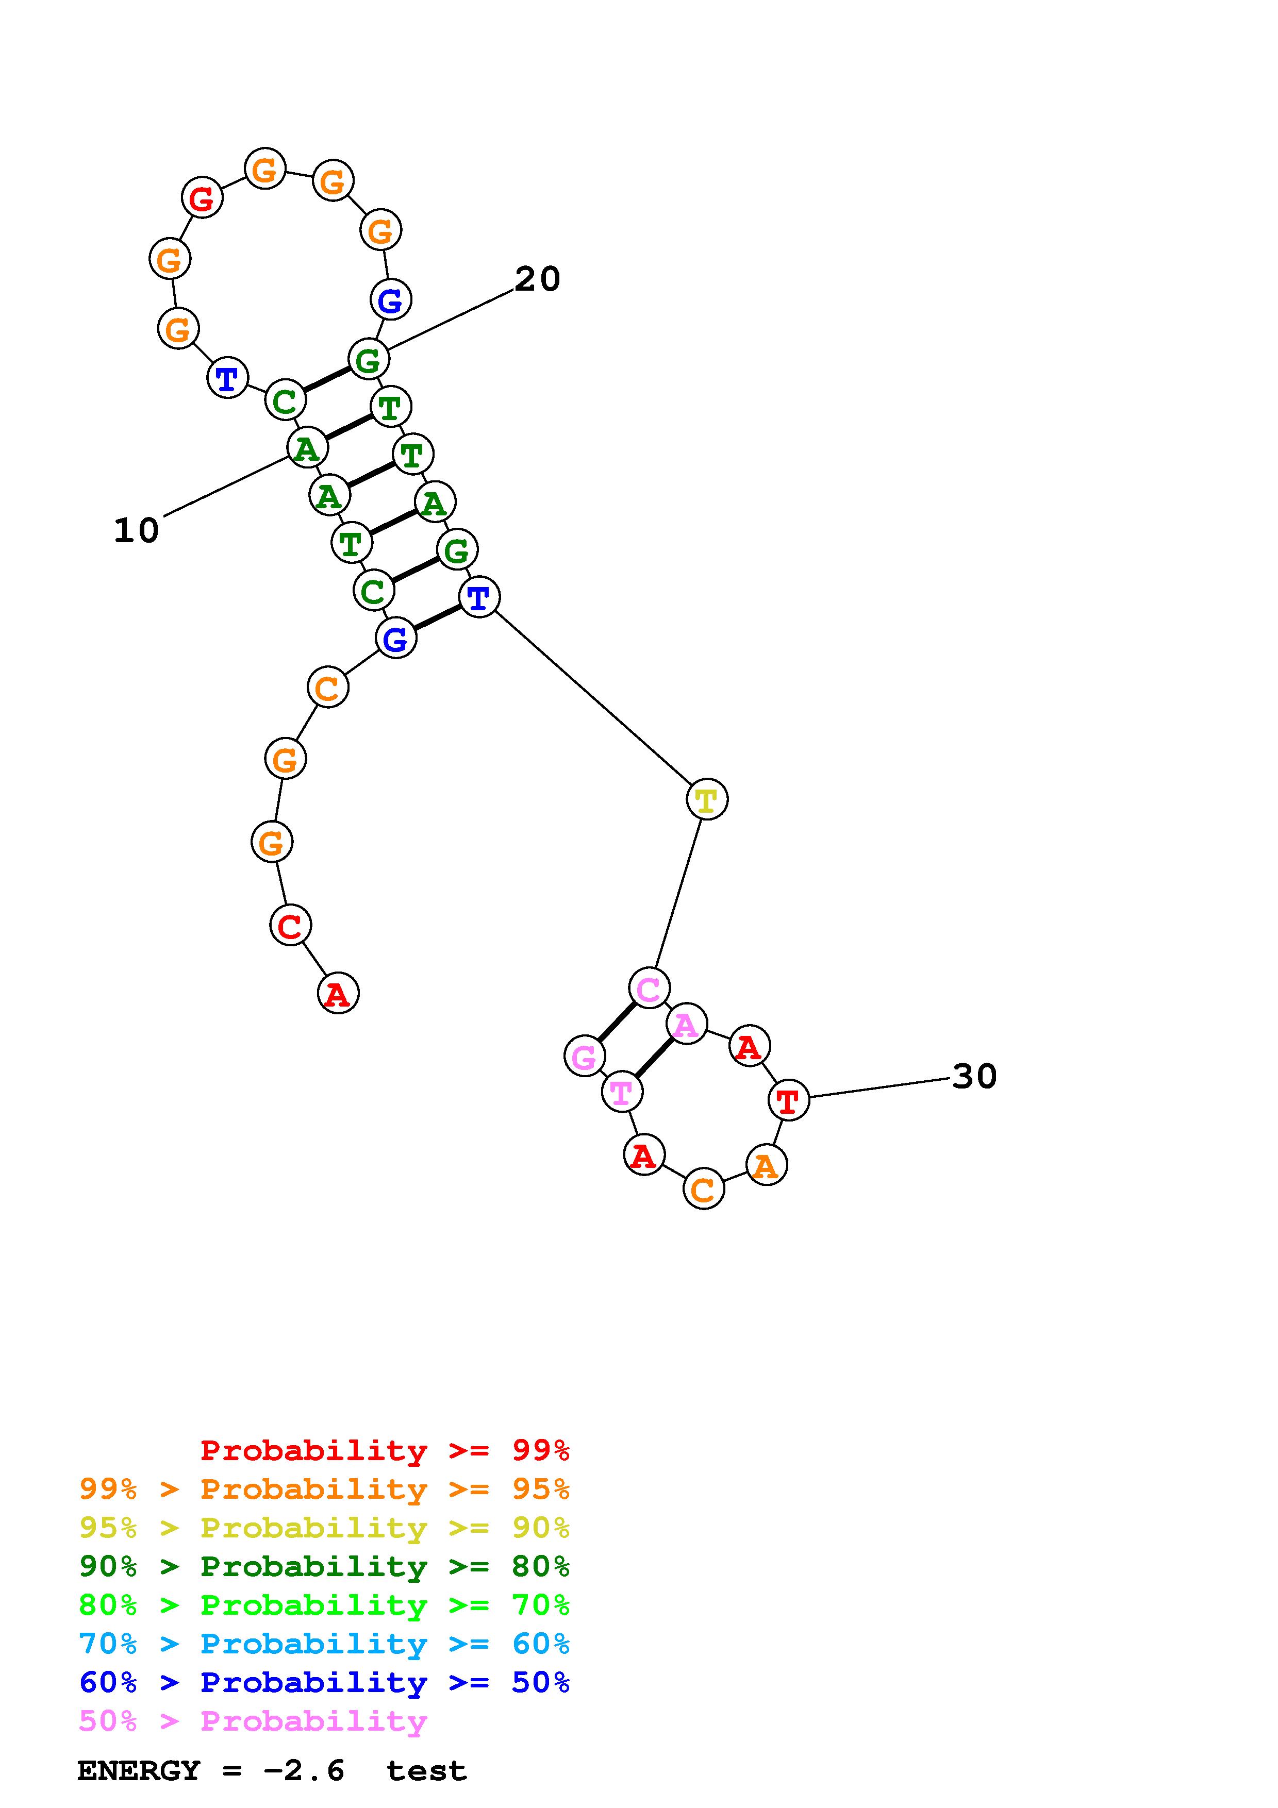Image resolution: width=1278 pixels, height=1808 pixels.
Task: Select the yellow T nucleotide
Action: point(706,799)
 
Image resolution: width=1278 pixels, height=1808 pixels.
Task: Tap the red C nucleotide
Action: point(290,925)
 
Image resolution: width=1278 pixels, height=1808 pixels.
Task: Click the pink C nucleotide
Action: point(649,987)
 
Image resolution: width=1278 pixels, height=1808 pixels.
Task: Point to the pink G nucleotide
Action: point(584,1056)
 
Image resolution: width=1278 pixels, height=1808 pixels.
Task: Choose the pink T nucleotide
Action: point(621,1092)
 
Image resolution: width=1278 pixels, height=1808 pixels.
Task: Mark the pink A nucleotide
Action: point(686,1025)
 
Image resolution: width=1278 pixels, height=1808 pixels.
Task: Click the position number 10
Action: point(136,530)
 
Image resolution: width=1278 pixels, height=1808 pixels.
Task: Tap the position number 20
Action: point(537,279)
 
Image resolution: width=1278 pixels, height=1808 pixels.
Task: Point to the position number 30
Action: point(974,1076)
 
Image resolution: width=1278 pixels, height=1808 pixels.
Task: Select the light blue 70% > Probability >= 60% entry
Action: point(324,1644)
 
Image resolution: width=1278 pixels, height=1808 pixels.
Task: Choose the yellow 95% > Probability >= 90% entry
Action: point(324,1527)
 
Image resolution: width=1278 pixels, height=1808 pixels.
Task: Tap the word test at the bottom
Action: point(426,1770)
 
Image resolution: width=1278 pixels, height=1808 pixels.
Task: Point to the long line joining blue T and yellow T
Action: point(592,698)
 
